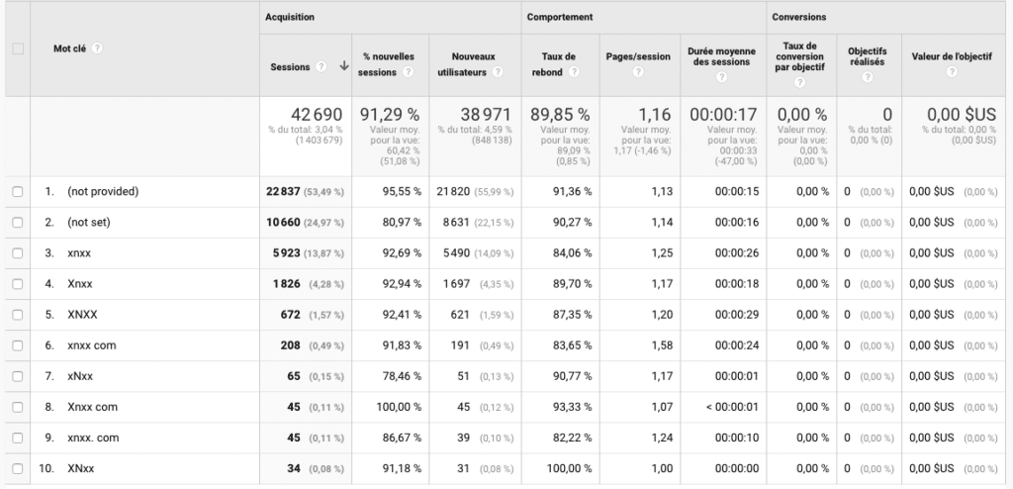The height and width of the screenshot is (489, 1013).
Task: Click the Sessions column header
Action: tap(290, 67)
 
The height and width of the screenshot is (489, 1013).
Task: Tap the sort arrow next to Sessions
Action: tap(344, 67)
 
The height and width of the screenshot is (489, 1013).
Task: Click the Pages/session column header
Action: tap(638, 55)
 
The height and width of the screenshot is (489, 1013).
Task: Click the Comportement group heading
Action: tap(560, 17)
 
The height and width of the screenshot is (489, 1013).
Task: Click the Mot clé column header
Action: tap(71, 48)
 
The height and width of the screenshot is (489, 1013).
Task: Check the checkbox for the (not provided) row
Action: tap(18, 192)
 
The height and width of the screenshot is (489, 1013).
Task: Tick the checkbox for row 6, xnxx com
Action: tap(18, 345)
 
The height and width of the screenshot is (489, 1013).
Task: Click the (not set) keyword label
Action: tap(88, 223)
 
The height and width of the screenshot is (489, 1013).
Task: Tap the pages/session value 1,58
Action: tap(661, 345)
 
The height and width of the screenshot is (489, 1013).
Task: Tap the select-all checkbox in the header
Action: tap(18, 49)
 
